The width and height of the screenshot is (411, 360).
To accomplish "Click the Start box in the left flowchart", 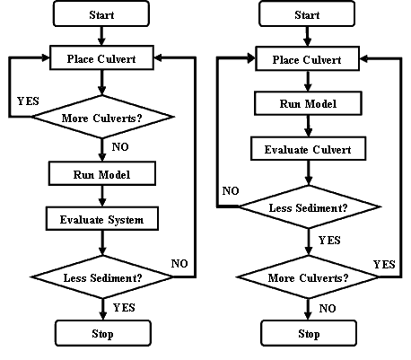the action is click(101, 13).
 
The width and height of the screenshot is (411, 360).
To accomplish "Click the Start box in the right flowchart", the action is click(307, 13).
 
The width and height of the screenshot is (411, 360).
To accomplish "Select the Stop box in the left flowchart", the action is click(103, 333).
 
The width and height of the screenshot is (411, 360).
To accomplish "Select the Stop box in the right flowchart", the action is click(309, 333).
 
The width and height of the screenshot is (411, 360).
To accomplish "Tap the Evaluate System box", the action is click(102, 219).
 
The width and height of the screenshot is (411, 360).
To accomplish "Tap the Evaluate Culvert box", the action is click(308, 149).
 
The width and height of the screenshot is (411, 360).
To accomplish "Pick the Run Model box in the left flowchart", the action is click(102, 173).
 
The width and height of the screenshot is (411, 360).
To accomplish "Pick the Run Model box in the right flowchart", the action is click(308, 103).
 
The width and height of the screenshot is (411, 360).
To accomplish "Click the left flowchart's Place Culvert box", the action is click(101, 57).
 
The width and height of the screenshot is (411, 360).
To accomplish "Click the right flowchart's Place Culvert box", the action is click(307, 58).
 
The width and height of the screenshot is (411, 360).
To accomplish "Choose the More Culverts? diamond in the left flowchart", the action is click(103, 117).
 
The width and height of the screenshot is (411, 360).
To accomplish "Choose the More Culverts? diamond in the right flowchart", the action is click(308, 277).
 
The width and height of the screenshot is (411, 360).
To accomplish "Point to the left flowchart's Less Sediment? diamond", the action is click(102, 277).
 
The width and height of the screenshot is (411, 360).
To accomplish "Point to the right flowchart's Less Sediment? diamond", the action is click(309, 206).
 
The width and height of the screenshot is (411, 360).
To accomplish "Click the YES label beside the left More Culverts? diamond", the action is click(28, 101).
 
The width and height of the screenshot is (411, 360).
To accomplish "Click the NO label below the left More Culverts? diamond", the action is click(120, 146).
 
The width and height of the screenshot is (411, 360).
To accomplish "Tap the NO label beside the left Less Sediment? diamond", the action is click(179, 263).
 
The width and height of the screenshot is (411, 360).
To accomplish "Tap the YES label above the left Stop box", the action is click(124, 307).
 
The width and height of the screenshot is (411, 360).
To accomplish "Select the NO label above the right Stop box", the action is click(328, 308).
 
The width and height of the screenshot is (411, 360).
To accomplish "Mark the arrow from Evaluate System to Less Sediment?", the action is click(102, 242).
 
